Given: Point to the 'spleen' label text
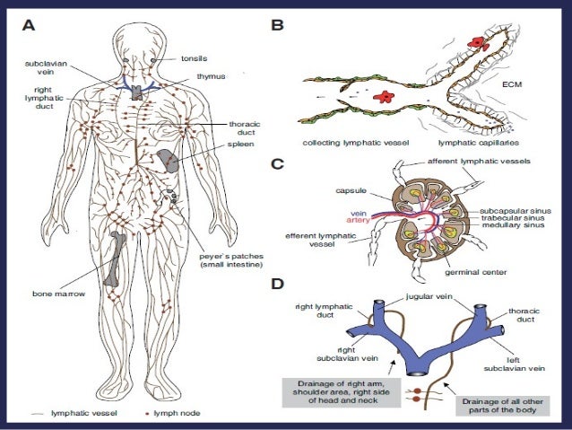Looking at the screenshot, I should click(x=239, y=142).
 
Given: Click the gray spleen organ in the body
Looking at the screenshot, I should click(x=167, y=161).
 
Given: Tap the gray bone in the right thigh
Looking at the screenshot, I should click(x=115, y=259).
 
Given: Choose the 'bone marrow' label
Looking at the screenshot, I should click(x=52, y=294).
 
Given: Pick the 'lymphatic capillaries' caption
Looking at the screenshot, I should click(x=475, y=143).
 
